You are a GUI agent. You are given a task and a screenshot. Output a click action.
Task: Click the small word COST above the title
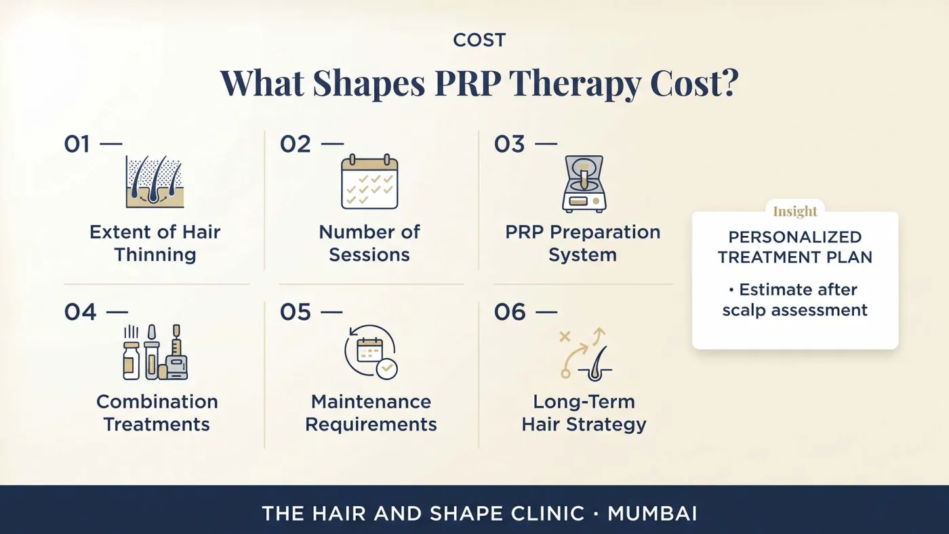479,40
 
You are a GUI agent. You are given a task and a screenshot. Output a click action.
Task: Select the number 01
77,144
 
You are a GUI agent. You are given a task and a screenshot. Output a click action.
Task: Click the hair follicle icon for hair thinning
155,182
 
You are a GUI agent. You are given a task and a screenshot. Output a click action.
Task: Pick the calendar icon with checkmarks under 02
369,182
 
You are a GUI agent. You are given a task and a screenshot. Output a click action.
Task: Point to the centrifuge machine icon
584,184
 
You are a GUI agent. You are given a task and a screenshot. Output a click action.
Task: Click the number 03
509,144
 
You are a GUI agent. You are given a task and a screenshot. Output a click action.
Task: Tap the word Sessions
369,255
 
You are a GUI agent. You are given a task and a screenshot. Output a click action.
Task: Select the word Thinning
155,255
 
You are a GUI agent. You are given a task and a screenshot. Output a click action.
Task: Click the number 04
80,312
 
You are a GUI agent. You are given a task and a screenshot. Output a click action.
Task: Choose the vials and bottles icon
155,352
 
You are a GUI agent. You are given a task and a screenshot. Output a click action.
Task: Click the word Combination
157,402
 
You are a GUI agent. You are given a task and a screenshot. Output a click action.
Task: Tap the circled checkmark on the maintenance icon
386,369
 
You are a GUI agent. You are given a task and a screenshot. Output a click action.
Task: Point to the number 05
296,312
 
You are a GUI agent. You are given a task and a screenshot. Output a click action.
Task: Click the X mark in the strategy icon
565,337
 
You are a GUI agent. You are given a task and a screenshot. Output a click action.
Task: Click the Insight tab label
794,211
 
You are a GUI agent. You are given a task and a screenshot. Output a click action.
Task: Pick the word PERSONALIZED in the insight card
794,237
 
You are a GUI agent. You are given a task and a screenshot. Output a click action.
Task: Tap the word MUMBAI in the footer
652,514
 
